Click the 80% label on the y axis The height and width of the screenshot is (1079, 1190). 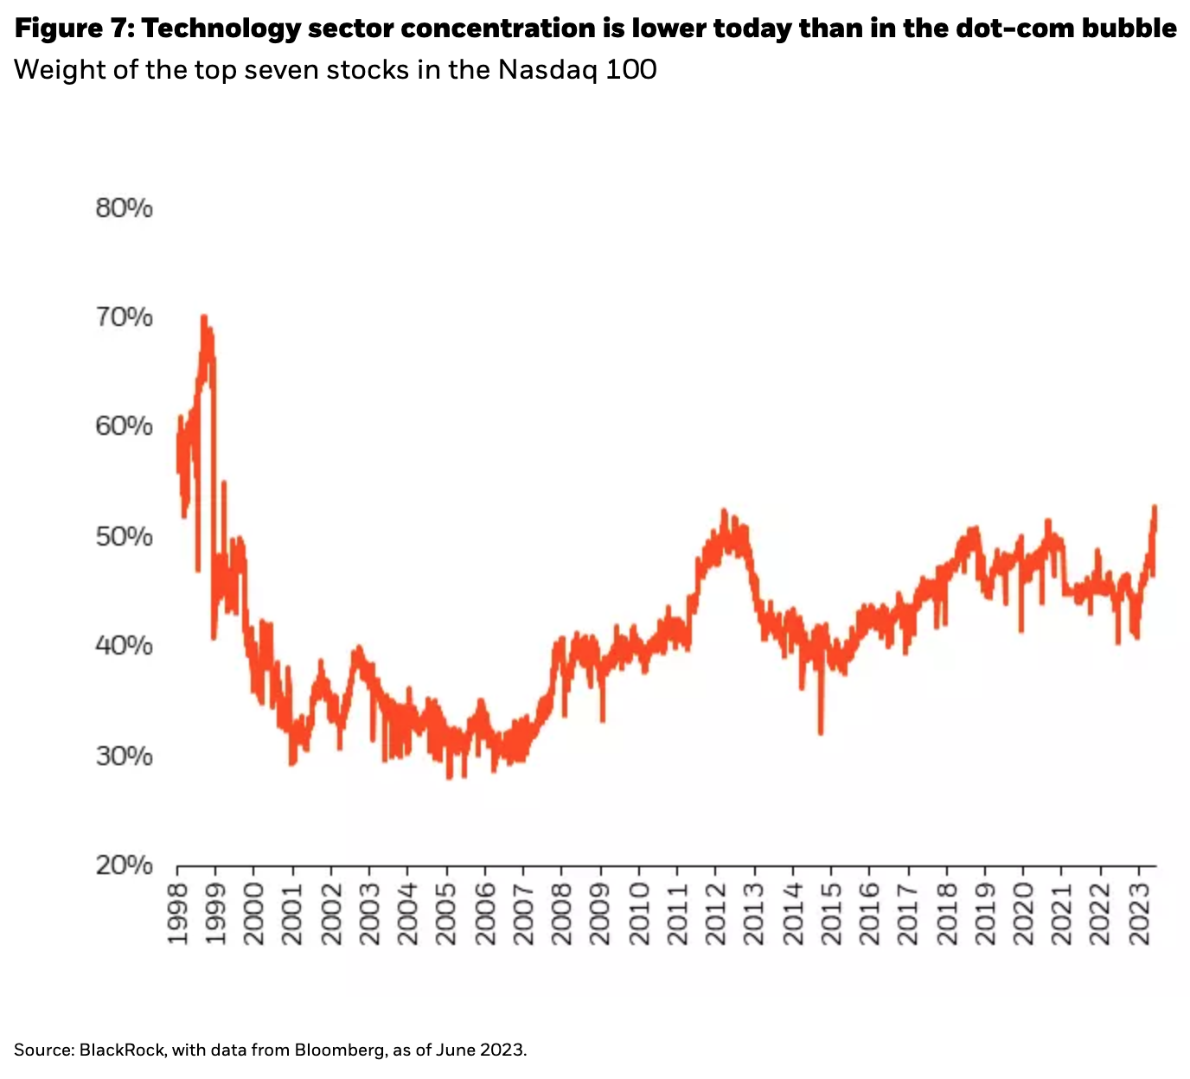124,208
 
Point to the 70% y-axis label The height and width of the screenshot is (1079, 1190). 124,317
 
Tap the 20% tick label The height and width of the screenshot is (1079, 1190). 124,865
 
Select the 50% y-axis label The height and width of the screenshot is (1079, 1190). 124,536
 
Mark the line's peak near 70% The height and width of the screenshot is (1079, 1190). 203,316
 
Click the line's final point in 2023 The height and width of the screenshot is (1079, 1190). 1155,508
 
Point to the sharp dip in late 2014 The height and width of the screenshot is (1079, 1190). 821,733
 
